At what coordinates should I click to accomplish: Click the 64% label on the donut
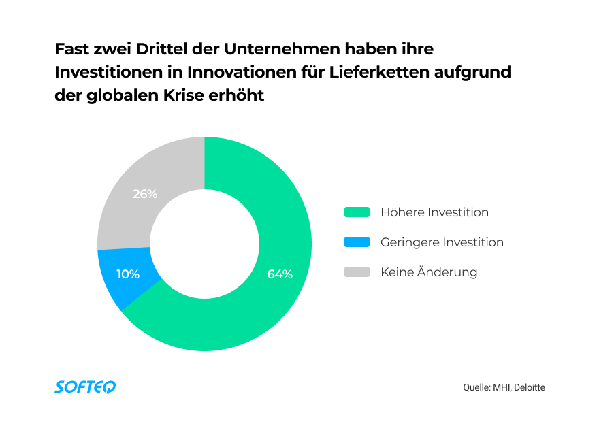click(x=280, y=274)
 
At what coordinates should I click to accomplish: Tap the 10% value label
click(x=128, y=274)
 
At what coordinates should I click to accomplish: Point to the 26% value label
click(x=145, y=194)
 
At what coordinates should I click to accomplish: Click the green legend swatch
click(x=357, y=212)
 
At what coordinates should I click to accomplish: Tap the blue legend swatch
click(x=357, y=242)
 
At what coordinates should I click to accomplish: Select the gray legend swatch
click(x=357, y=272)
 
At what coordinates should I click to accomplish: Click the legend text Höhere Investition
click(x=434, y=212)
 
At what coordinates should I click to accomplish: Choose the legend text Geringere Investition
click(x=442, y=242)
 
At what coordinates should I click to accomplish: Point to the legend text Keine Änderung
click(x=429, y=272)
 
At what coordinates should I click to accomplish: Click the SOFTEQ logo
click(x=85, y=387)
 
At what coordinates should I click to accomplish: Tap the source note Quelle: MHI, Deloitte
click(x=504, y=387)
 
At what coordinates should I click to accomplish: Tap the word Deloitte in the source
click(x=530, y=387)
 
